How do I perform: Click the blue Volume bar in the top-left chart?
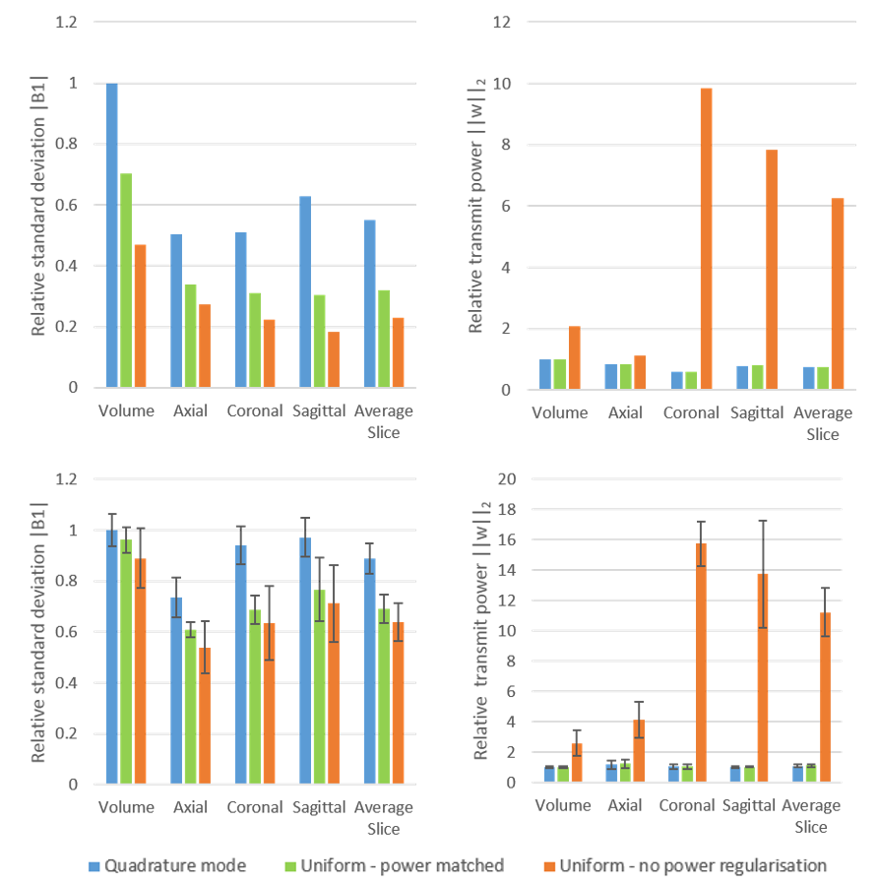(112, 236)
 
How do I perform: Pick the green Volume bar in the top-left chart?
(126, 281)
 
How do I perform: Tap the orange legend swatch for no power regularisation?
(548, 865)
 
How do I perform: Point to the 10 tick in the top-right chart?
(502, 84)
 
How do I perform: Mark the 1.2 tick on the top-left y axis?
(66, 23)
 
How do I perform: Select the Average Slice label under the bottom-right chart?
(812, 816)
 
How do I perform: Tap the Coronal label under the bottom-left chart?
(255, 807)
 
